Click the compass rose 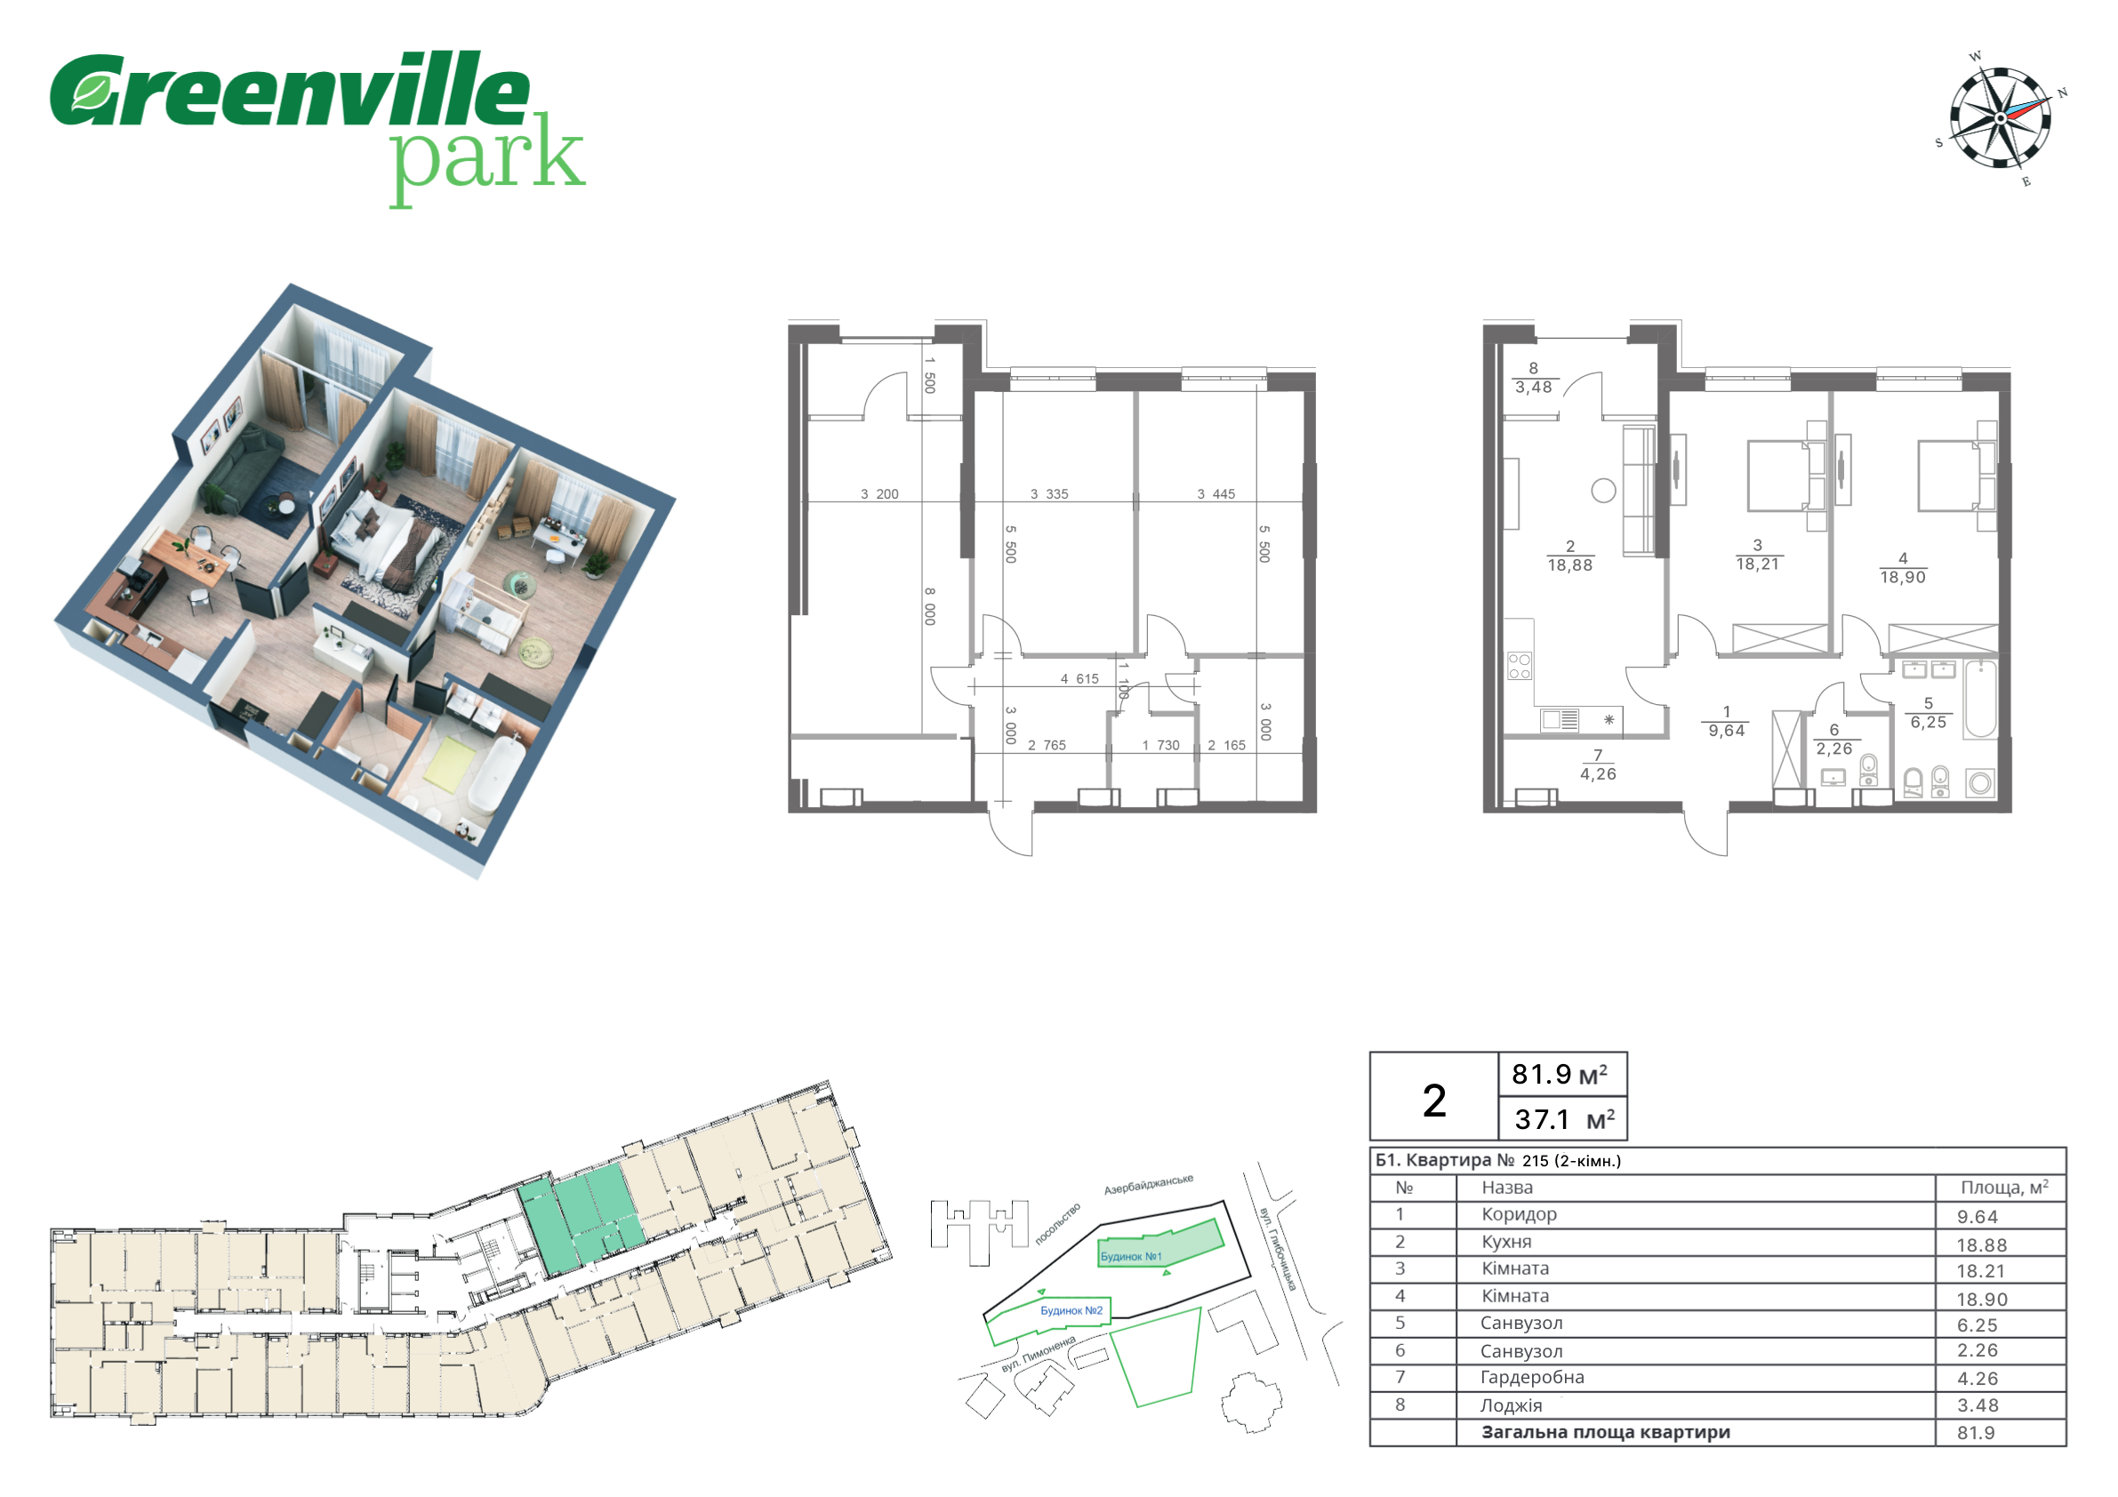[2000, 119]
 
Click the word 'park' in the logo [486, 157]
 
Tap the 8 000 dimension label [930, 606]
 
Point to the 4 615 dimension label [1079, 679]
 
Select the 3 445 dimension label [1215, 494]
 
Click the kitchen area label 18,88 [1570, 565]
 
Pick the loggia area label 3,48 [1533, 388]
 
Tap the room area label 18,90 [1903, 578]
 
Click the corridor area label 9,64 [1726, 731]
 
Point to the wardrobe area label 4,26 [1598, 774]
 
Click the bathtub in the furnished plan [1979, 698]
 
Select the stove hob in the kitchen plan [1519, 665]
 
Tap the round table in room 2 [1603, 491]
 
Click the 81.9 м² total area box [1561, 1075]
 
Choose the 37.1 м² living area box [1561, 1119]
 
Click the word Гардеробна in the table [1532, 1377]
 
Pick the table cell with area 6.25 [2000, 1324]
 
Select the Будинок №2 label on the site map [1071, 1310]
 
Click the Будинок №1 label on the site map [1131, 1256]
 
